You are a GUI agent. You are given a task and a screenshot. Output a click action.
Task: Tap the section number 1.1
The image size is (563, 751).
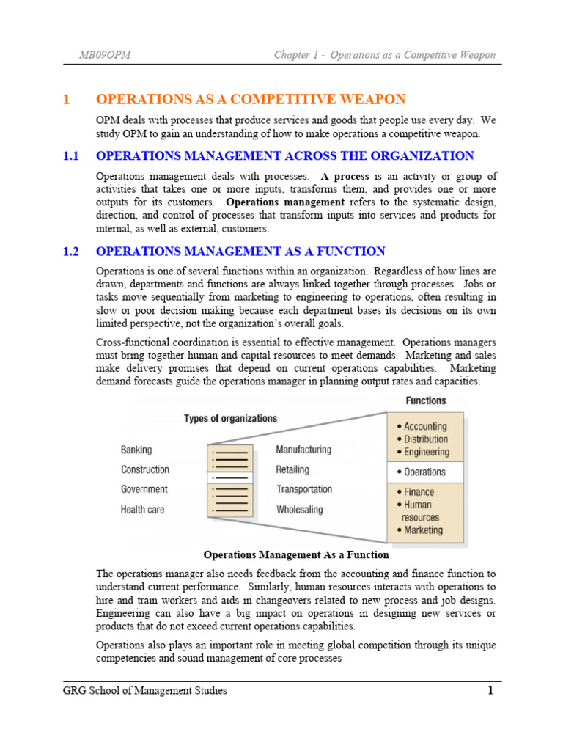click(x=70, y=155)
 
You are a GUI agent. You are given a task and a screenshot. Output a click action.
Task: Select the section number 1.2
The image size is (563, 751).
click(x=70, y=252)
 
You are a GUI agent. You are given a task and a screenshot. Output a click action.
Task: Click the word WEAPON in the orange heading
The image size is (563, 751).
click(x=372, y=99)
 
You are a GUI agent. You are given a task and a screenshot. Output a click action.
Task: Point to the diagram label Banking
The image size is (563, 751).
click(x=136, y=450)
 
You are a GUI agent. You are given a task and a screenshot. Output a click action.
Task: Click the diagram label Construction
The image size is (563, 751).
click(x=144, y=469)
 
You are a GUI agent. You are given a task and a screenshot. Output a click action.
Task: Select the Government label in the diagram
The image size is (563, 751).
click(x=144, y=489)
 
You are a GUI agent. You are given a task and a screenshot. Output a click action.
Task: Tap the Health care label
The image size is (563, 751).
click(x=142, y=509)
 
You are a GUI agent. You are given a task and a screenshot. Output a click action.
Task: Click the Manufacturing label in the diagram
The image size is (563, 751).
click(x=303, y=449)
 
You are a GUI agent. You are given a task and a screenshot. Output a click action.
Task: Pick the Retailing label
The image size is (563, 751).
click(x=292, y=469)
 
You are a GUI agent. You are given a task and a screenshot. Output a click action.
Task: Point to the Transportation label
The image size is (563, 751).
click(x=303, y=489)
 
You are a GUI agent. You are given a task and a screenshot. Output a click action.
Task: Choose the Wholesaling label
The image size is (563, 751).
click(x=299, y=509)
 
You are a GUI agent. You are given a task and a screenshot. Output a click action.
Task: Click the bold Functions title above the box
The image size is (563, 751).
click(x=425, y=400)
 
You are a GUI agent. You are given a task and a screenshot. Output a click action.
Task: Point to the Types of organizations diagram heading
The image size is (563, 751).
click(x=230, y=418)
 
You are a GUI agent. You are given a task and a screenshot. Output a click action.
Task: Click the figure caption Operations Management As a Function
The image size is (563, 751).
click(x=295, y=555)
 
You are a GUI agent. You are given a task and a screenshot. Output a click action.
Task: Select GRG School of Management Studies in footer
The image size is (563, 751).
click(x=144, y=690)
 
